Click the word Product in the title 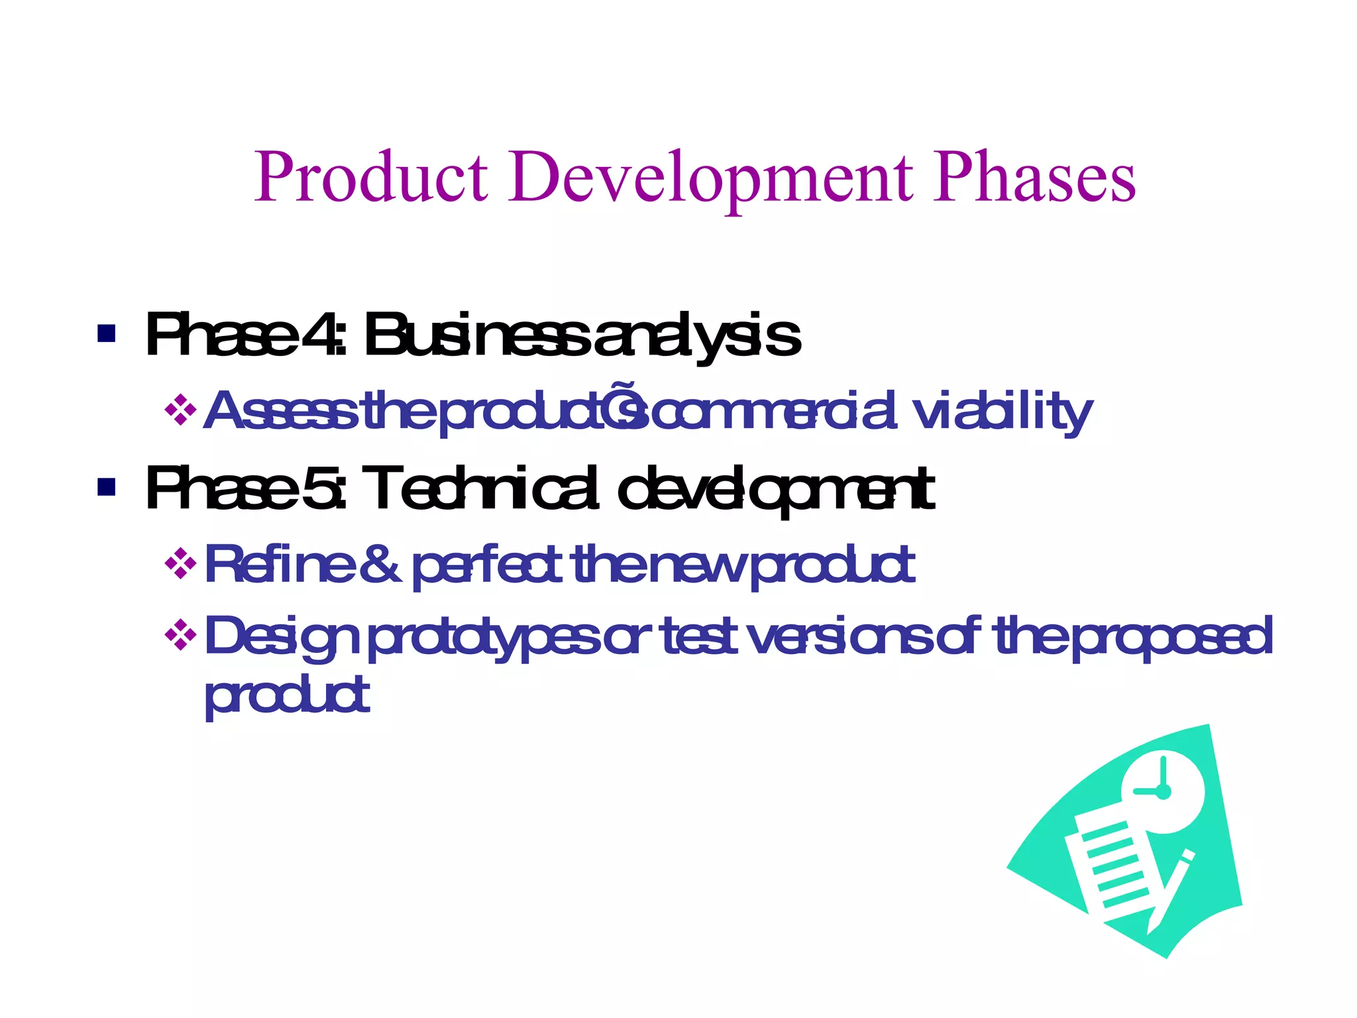[371, 178]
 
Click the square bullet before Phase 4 [106, 333]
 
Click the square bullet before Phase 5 [106, 487]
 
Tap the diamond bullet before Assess [180, 410]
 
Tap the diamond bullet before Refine [180, 564]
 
